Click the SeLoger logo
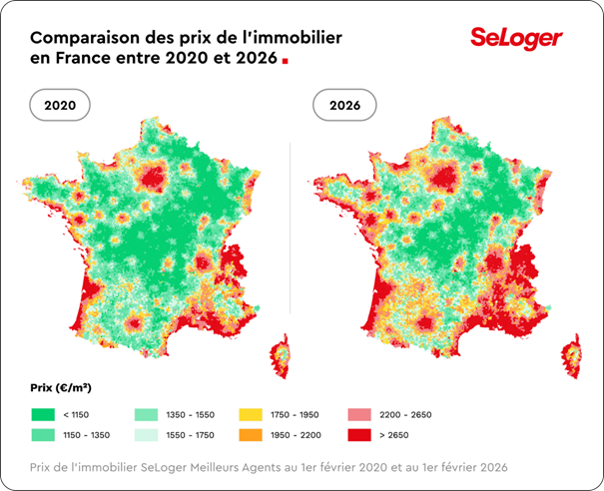click(x=516, y=39)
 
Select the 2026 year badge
click(x=346, y=105)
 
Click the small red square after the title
click(x=286, y=61)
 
